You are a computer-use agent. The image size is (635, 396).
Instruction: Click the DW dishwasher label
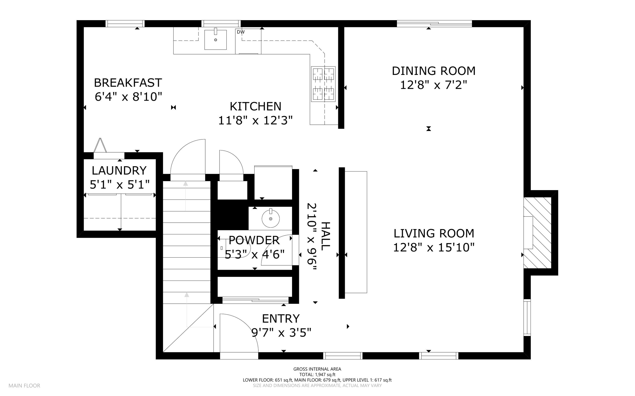(x=241, y=32)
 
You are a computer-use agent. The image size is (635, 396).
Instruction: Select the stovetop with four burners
(x=323, y=84)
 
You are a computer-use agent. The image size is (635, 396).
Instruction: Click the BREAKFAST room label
(x=128, y=83)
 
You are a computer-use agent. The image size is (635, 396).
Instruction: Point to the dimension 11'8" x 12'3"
(x=255, y=120)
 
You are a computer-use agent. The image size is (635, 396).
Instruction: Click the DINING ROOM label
(x=433, y=71)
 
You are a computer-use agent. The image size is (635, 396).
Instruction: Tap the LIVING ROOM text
(x=434, y=233)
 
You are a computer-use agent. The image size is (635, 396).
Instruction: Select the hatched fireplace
(x=537, y=233)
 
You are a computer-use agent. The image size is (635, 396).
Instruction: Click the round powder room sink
(x=271, y=219)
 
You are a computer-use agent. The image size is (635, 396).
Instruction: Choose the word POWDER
(x=254, y=240)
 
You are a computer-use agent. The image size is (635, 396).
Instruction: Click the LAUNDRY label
(x=119, y=170)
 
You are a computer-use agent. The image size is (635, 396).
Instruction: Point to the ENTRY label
(x=281, y=319)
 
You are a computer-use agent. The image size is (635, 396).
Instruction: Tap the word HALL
(x=325, y=236)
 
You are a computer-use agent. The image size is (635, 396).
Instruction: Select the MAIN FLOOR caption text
(x=24, y=386)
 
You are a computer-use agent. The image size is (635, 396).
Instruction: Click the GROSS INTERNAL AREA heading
(x=317, y=369)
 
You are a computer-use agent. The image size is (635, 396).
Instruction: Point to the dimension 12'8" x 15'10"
(x=434, y=247)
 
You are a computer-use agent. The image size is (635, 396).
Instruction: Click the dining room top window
(x=434, y=24)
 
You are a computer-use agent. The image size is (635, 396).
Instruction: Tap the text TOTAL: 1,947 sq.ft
(x=317, y=375)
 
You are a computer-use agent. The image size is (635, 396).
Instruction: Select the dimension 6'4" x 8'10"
(x=128, y=97)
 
